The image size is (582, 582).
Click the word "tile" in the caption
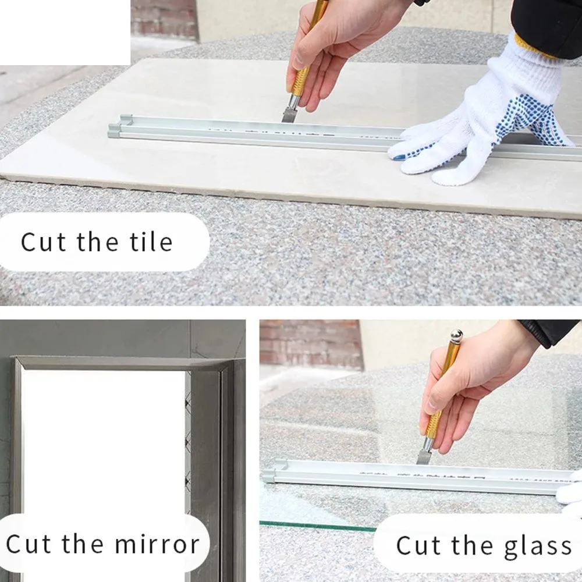coord(150,242)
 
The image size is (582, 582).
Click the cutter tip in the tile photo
coord(288,113)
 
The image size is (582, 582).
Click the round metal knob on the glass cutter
coord(455,336)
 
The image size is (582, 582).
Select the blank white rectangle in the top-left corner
coord(64,32)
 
